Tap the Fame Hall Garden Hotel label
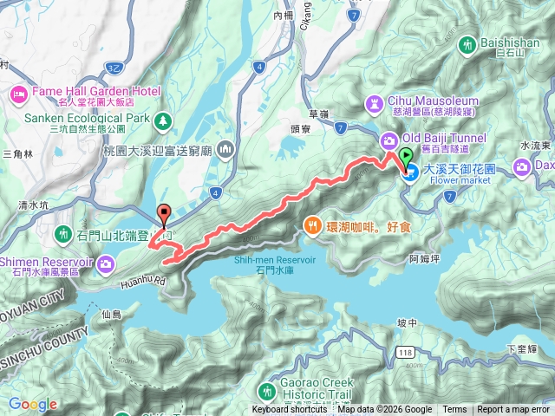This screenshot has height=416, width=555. tap(84, 90)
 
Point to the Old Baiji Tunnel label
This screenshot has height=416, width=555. tap(443, 138)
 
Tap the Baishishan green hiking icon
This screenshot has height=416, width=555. tap(469, 42)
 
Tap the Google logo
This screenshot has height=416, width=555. tap(32, 405)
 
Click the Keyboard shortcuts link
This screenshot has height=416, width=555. tap(290, 410)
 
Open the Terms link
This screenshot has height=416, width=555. tap(454, 410)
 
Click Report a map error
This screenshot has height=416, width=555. tap(513, 410)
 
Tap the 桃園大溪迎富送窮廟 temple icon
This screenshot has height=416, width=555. tap(226, 149)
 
